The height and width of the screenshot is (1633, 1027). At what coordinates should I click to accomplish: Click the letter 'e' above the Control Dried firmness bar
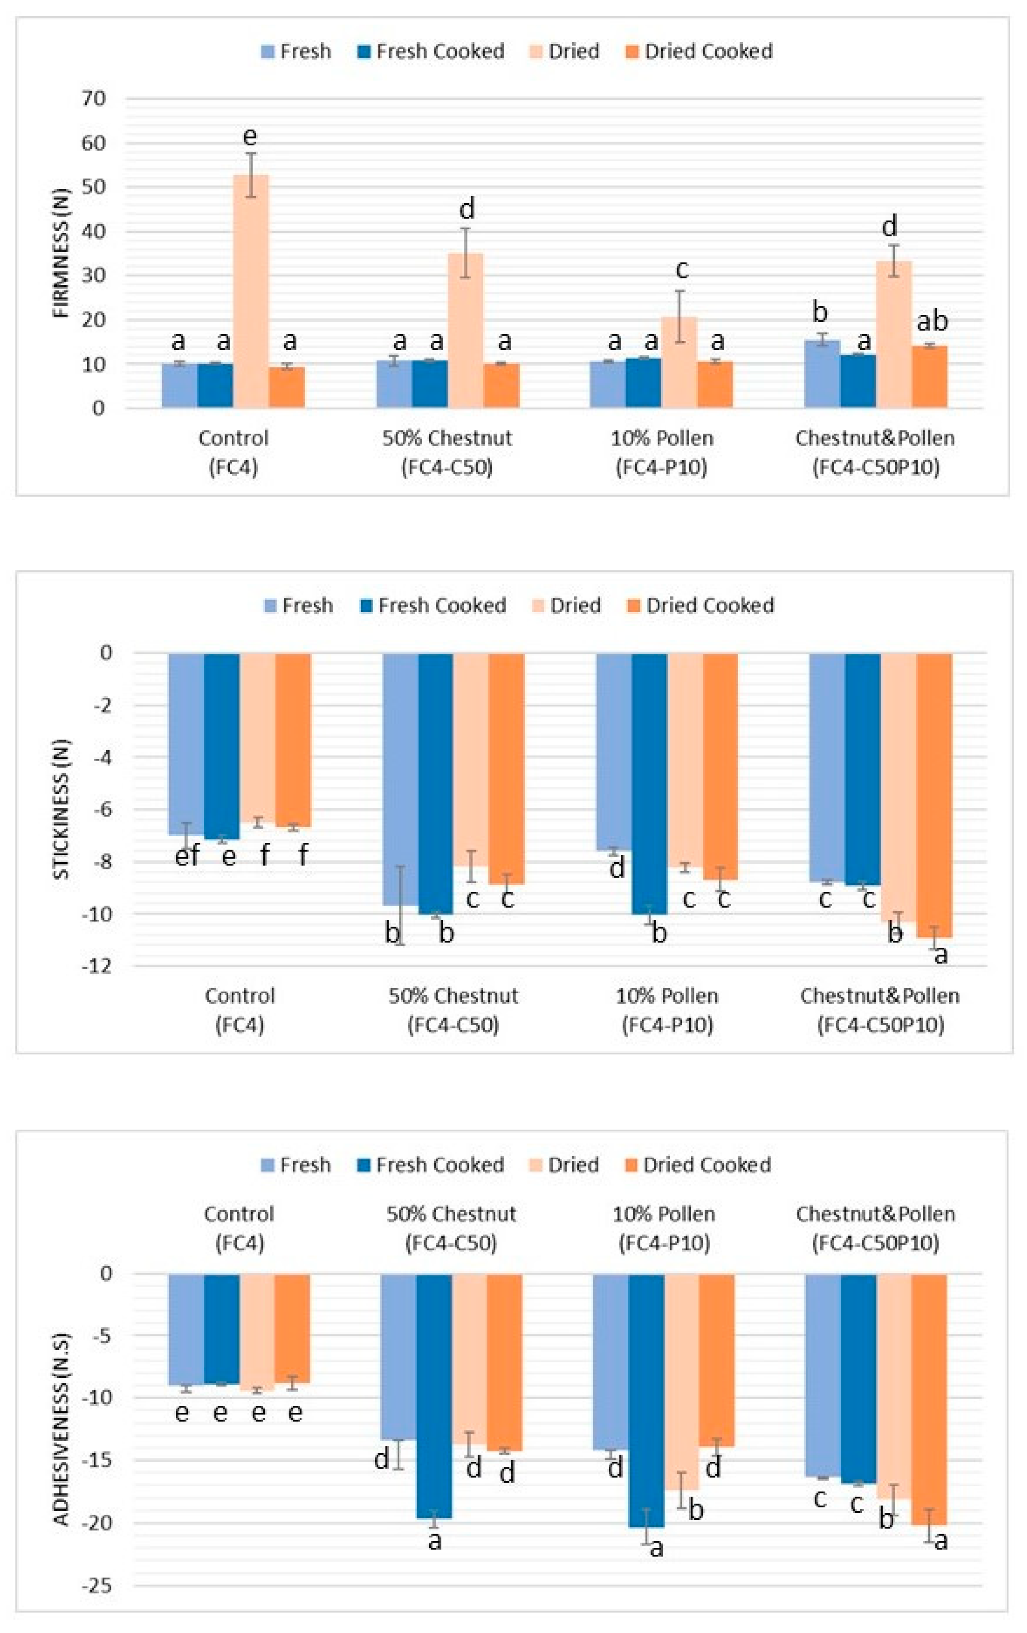tap(249, 136)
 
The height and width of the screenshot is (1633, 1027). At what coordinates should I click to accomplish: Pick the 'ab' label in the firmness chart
tap(932, 321)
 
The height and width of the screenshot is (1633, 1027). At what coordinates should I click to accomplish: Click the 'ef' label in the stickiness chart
tap(187, 856)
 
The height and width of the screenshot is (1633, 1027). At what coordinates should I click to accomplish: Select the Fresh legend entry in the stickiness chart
tap(298, 606)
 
